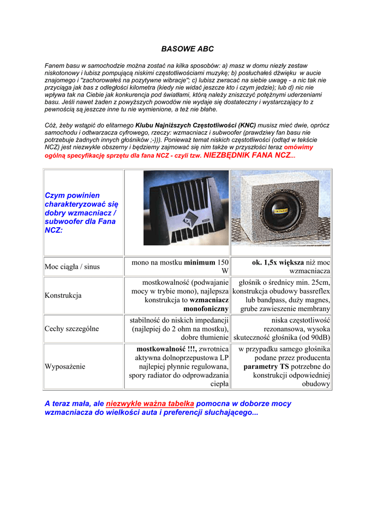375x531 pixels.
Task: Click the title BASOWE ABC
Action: click(x=187, y=49)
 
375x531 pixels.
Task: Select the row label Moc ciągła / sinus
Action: click(x=72, y=267)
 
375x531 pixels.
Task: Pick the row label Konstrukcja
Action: click(x=63, y=296)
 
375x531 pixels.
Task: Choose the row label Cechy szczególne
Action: click(x=71, y=329)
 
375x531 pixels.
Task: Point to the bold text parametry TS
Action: click(x=266, y=367)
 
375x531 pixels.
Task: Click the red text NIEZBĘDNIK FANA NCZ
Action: click(x=248, y=155)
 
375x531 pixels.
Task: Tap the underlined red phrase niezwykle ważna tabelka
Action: click(x=150, y=403)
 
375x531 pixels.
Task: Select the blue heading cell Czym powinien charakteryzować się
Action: click(x=80, y=213)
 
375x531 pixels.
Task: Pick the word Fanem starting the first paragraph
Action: click(x=54, y=66)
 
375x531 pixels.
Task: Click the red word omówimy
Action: click(x=298, y=147)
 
